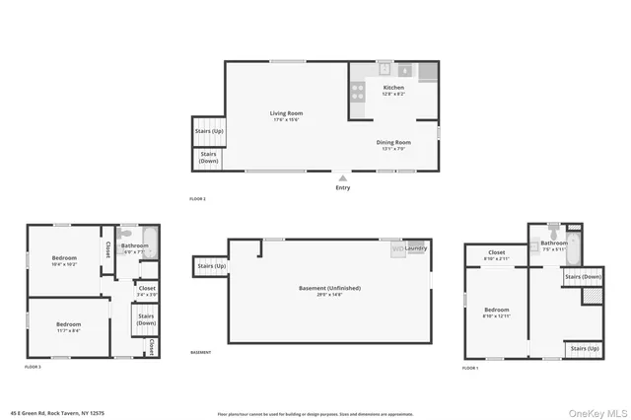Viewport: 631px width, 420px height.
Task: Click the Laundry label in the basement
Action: pos(415,248)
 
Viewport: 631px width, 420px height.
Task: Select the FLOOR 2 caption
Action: pos(197,199)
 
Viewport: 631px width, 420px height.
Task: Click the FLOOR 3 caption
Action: pos(34,367)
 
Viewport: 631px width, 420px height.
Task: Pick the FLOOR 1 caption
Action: pos(470,368)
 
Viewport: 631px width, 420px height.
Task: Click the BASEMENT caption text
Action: pos(200,352)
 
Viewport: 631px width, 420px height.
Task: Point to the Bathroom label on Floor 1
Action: pos(553,245)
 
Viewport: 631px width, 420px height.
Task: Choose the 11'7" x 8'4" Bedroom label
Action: pos(68,326)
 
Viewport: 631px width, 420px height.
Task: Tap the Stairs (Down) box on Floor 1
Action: pos(583,278)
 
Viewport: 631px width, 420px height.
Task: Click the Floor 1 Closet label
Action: pos(496,254)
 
